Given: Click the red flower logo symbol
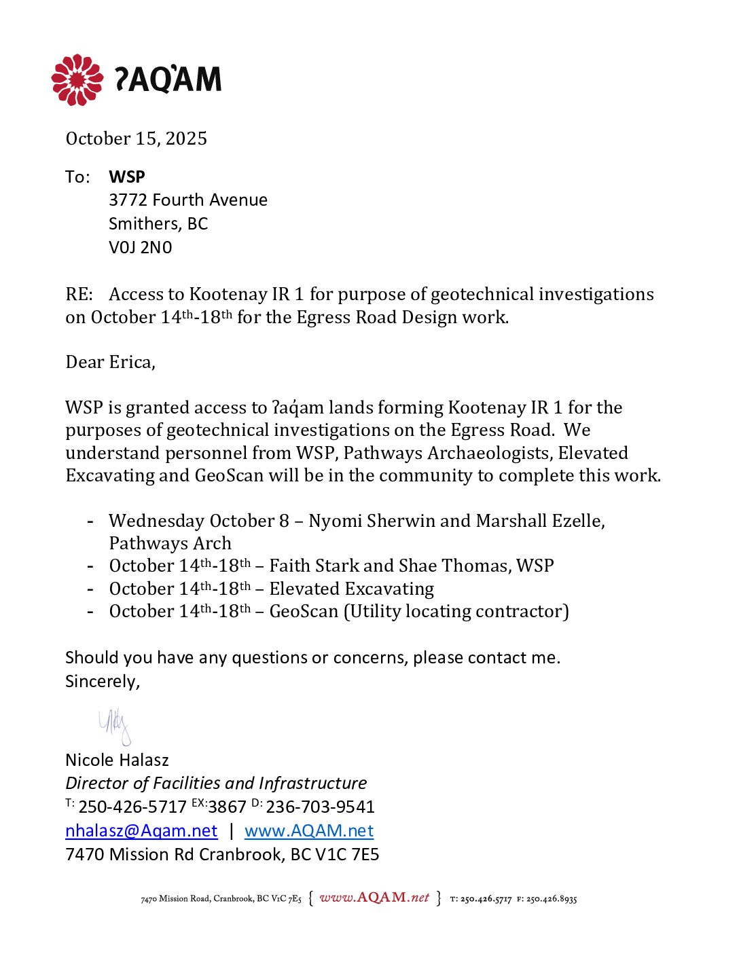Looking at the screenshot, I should click(77, 80).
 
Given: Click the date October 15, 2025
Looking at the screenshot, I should click(136, 139).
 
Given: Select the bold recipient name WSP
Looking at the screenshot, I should click(127, 177).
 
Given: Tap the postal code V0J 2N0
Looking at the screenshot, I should click(141, 247).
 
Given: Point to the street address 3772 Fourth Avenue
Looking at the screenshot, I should click(188, 200).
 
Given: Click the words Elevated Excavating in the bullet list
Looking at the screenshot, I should click(351, 589).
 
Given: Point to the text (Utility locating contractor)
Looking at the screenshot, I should click(456, 611).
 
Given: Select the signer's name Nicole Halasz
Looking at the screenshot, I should click(117, 760).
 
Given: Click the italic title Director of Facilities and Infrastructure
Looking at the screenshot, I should click(216, 783).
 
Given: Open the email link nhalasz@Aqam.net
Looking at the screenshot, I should click(141, 830).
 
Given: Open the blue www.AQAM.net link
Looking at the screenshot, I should click(309, 830).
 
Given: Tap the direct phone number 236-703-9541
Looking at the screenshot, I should click(320, 807).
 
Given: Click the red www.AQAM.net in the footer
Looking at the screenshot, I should click(374, 898).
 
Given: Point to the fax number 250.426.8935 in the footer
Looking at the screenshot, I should click(551, 899).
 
